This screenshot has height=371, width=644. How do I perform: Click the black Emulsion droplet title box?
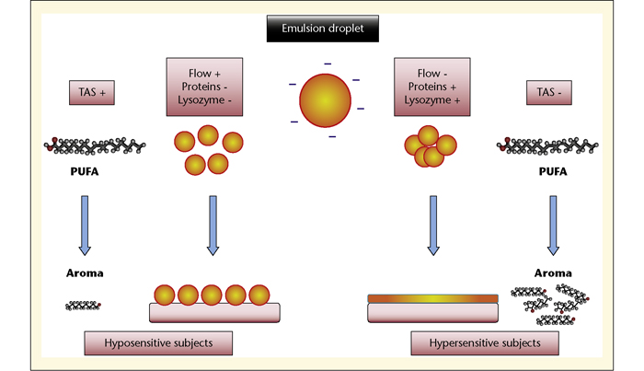point(323,29)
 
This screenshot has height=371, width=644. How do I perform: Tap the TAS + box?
point(92,92)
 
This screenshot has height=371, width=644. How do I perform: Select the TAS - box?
point(548,92)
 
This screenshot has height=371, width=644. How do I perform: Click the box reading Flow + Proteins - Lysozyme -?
point(204,87)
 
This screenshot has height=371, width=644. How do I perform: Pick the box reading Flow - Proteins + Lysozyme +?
point(432,87)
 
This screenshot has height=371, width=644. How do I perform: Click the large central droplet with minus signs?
point(325,100)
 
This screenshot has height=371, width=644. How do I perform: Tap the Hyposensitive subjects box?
point(158,343)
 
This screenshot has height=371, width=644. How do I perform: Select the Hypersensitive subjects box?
point(485,343)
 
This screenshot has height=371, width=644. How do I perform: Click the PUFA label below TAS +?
point(85,171)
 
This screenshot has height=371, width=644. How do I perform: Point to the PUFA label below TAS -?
point(553,171)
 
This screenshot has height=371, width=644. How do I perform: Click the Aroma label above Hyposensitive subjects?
point(85,273)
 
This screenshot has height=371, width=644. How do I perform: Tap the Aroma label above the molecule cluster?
point(553,273)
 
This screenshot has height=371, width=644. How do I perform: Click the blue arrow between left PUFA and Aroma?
point(85,226)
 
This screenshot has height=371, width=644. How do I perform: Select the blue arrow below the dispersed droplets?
point(213,226)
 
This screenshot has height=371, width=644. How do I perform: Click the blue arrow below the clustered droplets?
point(433,226)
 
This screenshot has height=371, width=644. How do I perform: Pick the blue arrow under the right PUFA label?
point(553,226)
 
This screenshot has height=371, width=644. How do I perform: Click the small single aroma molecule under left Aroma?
point(83,306)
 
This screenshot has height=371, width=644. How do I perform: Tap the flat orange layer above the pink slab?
point(433,298)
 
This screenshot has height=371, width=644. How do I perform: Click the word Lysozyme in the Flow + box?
point(201,99)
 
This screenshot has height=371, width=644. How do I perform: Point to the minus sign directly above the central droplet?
point(328,64)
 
